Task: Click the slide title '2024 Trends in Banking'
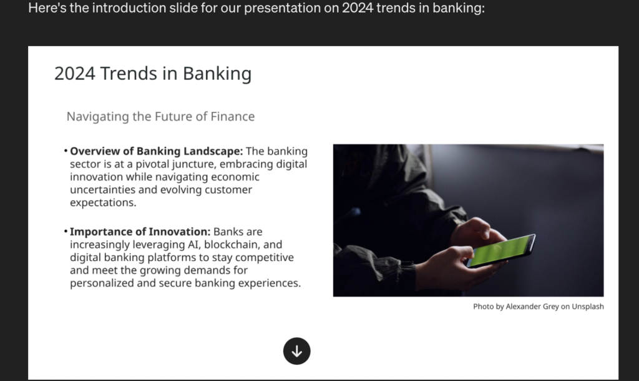coord(153,74)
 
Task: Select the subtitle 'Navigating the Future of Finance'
coord(160,117)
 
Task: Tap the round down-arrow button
coord(296,351)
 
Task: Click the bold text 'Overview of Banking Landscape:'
coord(157,151)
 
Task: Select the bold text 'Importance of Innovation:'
coord(140,232)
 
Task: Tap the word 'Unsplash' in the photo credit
coord(588,306)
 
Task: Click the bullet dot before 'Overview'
coord(66,151)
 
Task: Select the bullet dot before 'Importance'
coord(66,231)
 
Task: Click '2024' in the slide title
coord(75,74)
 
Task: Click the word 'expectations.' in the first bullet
coord(103,203)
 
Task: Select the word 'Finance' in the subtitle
coord(233,116)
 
